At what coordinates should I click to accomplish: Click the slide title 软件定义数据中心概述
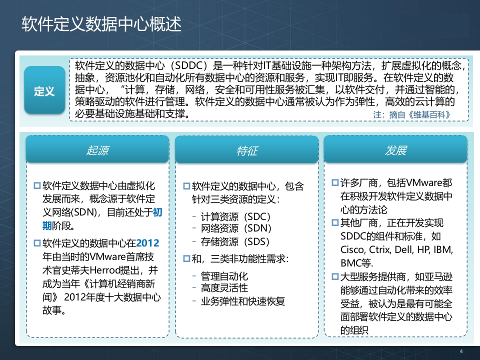[101, 24]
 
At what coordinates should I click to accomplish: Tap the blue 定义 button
[44, 90]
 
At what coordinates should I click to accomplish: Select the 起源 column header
[97, 150]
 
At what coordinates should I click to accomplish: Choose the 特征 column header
[246, 150]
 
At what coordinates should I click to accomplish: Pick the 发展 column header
[395, 150]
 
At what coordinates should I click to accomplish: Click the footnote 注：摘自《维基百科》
[411, 115]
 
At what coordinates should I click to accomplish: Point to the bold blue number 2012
[147, 243]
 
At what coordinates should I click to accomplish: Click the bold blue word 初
[157, 212]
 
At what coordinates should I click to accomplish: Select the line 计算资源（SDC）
[235, 216]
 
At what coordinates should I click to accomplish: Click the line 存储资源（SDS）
[235, 241]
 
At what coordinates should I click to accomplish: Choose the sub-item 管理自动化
[224, 276]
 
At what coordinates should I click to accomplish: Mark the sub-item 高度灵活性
[224, 288]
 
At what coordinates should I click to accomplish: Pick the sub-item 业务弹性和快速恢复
[243, 301]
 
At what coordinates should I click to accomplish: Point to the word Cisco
[352, 249]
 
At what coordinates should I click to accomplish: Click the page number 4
[461, 351]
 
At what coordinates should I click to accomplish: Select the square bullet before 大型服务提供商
[335, 276]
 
